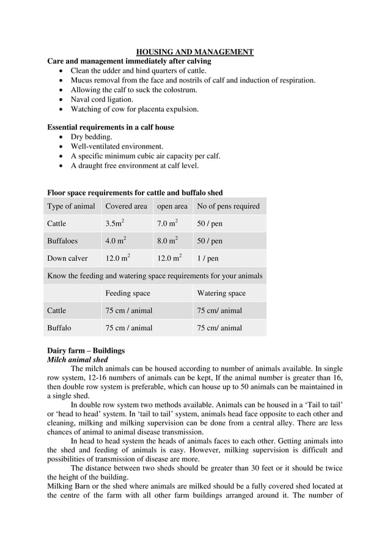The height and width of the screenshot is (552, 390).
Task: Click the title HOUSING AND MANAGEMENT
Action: [194, 52]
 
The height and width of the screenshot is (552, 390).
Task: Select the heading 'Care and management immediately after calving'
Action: [129, 61]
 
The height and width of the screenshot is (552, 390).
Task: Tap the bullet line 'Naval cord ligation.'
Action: [101, 100]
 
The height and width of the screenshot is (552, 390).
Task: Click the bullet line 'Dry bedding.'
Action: [91, 137]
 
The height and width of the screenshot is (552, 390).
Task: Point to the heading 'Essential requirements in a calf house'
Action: [111, 127]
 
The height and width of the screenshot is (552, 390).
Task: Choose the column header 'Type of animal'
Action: [71, 206]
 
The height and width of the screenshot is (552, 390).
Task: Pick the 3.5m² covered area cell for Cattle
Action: [116, 224]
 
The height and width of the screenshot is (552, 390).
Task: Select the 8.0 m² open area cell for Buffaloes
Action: [167, 241]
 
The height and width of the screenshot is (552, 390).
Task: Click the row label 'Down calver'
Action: [67, 259]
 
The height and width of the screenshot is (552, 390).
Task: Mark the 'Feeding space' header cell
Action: [127, 293]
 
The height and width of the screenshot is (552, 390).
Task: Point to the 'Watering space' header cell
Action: [221, 293]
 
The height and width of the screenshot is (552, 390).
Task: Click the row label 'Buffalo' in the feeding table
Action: [59, 328]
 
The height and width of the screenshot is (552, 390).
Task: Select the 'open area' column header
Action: [172, 206]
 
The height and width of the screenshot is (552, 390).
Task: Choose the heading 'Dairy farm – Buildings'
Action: [86, 351]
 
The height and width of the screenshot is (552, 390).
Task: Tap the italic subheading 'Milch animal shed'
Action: [78, 360]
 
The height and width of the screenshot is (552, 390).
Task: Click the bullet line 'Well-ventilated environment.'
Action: [117, 147]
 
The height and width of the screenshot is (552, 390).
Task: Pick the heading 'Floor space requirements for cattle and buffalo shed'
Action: [135, 193]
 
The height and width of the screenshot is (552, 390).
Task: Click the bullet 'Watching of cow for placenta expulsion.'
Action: [134, 109]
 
